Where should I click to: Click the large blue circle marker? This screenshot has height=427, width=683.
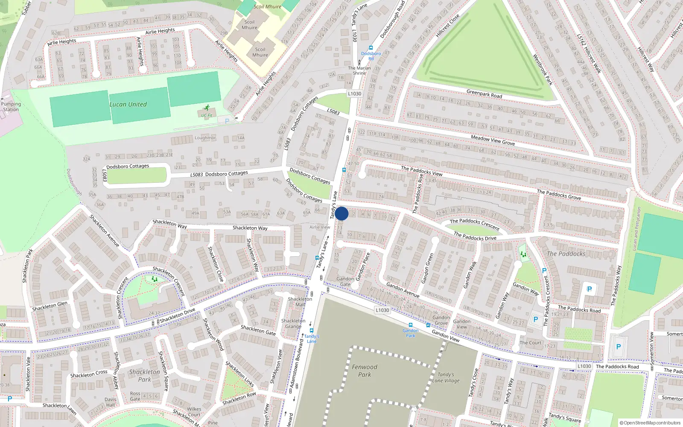[x=341, y=213]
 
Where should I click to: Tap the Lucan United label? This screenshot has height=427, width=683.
[x=128, y=104]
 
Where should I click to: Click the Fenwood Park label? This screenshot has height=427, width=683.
[x=365, y=371]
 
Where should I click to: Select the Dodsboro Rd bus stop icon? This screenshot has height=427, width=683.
[x=371, y=48]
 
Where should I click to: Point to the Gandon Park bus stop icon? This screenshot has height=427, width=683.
[x=411, y=325]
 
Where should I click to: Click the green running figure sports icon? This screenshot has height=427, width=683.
[x=207, y=108]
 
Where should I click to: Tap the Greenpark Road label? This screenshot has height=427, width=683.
[x=484, y=94]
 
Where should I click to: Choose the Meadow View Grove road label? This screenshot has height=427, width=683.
[x=493, y=140]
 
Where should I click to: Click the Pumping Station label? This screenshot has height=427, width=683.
[x=11, y=107]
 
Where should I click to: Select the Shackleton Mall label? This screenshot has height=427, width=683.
[x=300, y=301]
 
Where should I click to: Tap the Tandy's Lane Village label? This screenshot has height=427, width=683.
[x=446, y=377]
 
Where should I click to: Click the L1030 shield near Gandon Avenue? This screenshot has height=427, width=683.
[x=382, y=310]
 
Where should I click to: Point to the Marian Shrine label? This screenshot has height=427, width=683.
[x=359, y=70]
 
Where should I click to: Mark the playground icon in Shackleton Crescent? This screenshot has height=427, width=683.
[x=154, y=279]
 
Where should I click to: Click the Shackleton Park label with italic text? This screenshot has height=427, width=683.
[x=144, y=375]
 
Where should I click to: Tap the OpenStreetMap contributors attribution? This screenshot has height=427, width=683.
[x=650, y=423]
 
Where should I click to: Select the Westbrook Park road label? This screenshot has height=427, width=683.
[x=543, y=70]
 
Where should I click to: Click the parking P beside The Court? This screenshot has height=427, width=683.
[x=536, y=319]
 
